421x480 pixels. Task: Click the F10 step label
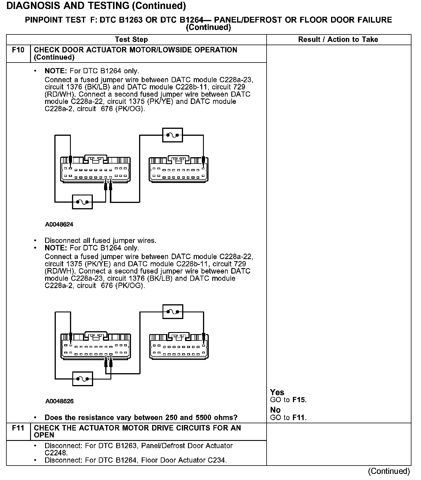point(18,50)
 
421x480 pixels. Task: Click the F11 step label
point(18,428)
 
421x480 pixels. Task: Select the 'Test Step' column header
point(131,39)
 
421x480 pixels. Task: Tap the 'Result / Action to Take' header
point(338,39)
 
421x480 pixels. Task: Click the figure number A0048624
point(59,224)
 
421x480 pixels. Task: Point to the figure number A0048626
point(59,401)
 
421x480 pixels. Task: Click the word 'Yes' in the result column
point(277,392)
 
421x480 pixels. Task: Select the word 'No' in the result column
point(275,410)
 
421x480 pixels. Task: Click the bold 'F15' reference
point(299,400)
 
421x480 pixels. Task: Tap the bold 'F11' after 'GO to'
point(299,417)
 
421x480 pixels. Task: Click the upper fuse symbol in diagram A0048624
point(173,135)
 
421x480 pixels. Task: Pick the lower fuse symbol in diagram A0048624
point(82,202)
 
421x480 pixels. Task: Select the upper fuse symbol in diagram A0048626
point(173,312)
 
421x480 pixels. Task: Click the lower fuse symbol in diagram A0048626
point(83,379)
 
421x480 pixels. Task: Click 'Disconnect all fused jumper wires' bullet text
point(100,241)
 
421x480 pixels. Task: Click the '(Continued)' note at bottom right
point(389,471)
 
